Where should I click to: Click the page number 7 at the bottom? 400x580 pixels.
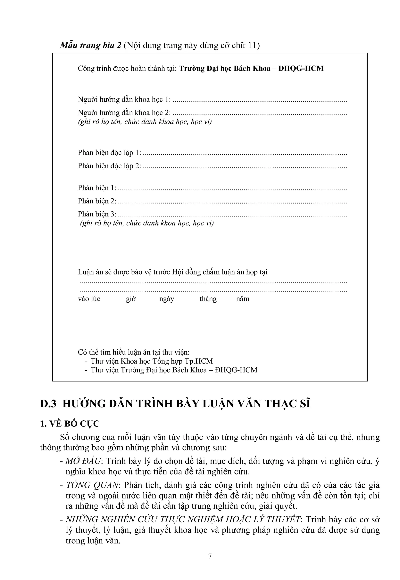click(x=210, y=556)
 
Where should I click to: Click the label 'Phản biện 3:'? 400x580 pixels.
click(x=97, y=214)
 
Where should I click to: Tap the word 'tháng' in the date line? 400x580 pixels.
click(x=208, y=299)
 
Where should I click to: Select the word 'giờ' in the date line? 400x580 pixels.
click(x=131, y=299)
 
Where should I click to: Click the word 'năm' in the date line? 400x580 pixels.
click(x=243, y=299)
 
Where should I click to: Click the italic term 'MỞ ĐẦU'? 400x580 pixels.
click(x=83, y=461)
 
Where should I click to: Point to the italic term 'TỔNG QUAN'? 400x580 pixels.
click(x=92, y=485)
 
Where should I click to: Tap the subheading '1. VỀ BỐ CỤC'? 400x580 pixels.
click(x=70, y=424)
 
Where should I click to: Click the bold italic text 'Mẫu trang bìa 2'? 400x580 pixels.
click(x=90, y=45)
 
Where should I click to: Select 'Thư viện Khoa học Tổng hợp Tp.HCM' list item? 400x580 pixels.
click(x=152, y=361)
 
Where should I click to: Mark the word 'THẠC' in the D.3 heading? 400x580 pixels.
click(x=280, y=404)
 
